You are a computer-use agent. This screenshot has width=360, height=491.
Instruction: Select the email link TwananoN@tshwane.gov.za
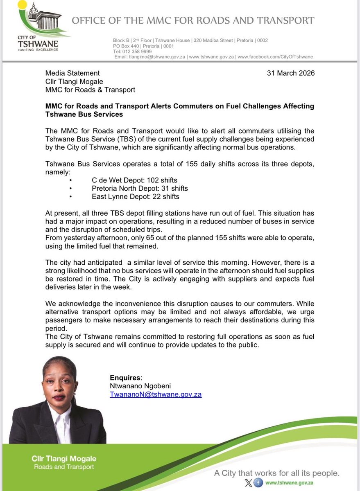(155, 394)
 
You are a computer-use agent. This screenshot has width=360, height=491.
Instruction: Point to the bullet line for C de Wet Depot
(134, 180)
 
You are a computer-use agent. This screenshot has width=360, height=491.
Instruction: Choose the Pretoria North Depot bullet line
(140, 188)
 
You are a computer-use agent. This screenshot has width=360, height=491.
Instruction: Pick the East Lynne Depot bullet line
(135, 196)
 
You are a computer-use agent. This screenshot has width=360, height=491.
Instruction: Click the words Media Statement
(72, 73)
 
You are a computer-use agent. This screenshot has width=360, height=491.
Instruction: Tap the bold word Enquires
(125, 377)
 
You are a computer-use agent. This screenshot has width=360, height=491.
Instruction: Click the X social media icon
(247, 482)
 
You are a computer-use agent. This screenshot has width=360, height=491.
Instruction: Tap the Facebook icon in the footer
(258, 482)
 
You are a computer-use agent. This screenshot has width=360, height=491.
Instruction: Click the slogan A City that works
(277, 473)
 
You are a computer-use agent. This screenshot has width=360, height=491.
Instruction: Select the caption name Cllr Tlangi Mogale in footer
(65, 459)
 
